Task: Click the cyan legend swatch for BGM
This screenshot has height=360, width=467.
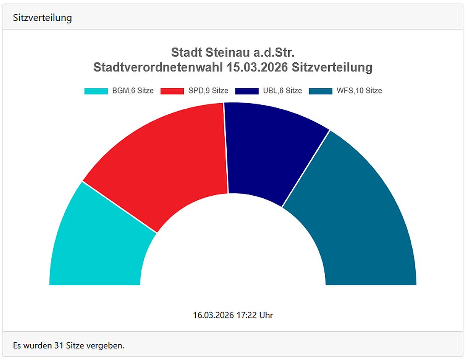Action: click(96, 91)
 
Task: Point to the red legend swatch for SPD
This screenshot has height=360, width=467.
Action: click(172, 91)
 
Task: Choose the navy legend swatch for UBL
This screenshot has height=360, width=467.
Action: click(247, 91)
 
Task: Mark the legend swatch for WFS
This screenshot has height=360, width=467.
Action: click(321, 91)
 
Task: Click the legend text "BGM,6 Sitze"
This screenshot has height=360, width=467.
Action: click(133, 91)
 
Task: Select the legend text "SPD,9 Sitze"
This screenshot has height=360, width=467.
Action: click(208, 91)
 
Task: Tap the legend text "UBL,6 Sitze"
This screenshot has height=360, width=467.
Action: click(282, 91)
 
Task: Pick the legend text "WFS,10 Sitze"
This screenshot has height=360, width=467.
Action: click(359, 91)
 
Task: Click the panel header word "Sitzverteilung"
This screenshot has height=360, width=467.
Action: click(42, 18)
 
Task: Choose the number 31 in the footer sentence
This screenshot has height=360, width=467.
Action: click(59, 346)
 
